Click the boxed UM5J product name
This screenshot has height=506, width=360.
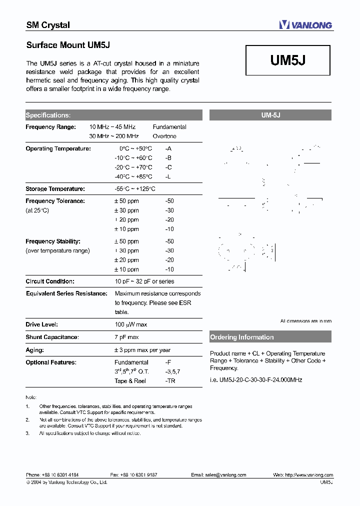click(288, 60)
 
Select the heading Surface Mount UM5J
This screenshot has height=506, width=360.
click(68, 45)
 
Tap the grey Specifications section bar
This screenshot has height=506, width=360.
click(113, 115)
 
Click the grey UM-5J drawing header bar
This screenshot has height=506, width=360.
click(270, 115)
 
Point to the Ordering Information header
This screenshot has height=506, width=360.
click(242, 337)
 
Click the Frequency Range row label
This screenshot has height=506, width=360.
click(50, 127)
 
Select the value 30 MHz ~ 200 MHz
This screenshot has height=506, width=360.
click(114, 136)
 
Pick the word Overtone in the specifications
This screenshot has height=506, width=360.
click(164, 136)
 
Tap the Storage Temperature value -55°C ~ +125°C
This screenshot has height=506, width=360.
click(135, 189)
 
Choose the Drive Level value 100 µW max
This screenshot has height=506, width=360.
click(131, 324)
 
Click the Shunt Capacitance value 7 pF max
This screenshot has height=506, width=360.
click(126, 337)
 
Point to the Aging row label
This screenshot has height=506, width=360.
click(35, 350)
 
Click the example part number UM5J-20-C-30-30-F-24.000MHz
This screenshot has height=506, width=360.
click(256, 380)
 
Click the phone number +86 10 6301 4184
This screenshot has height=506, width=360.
click(60, 475)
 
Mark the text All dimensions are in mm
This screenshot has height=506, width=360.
click(305, 321)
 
